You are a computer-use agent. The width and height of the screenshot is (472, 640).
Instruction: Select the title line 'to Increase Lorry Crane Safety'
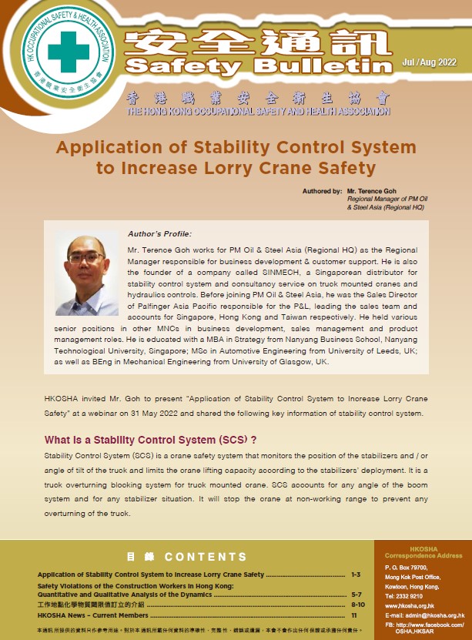[236, 167]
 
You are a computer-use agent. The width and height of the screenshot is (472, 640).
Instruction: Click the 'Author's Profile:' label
[159, 233]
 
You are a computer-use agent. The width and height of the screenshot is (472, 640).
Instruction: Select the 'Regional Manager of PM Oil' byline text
[385, 199]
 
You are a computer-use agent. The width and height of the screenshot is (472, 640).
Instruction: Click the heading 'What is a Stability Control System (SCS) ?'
[150, 441]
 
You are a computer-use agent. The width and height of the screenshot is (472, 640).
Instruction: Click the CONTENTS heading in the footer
[206, 556]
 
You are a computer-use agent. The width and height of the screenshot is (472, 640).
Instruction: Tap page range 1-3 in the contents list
[355, 575]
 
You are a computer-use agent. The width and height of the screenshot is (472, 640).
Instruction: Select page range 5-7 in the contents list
[355, 595]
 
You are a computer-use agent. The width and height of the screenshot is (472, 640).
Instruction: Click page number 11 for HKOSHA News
[354, 615]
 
